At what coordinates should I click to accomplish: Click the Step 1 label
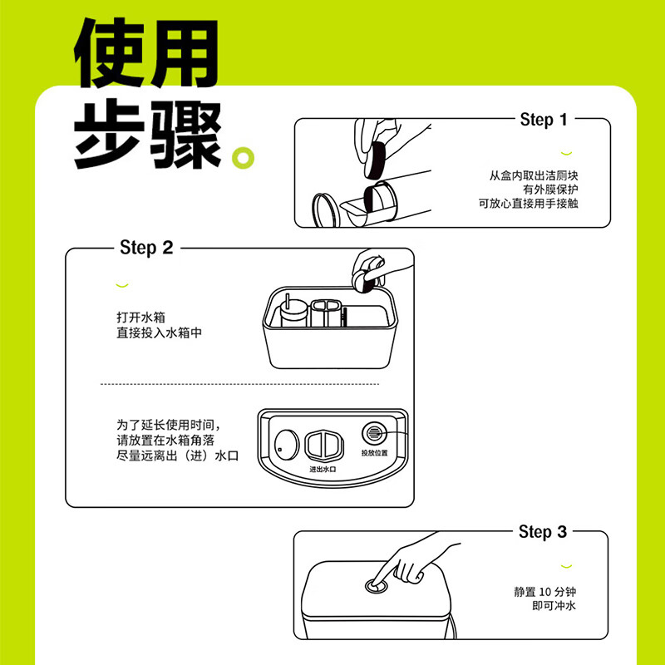coord(543,120)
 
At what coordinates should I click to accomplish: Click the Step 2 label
coord(146,248)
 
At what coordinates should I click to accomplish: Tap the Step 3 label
coord(542,531)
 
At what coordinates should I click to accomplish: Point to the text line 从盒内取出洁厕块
coord(533,176)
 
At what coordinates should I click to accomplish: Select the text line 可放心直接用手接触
coord(528,203)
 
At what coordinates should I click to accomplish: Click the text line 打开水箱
coord(141,318)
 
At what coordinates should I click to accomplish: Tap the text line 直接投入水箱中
coord(159,332)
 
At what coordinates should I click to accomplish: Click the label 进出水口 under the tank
coord(322,469)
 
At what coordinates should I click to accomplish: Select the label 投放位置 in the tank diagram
coord(374,453)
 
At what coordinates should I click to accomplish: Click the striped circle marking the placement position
coord(373,433)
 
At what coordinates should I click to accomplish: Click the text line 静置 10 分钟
coord(544,593)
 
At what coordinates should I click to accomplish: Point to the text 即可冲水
coord(554,607)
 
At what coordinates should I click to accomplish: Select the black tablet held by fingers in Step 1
coord(377,157)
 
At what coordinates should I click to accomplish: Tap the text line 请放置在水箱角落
coord(165,440)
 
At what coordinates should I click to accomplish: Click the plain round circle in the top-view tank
coord(285,444)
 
